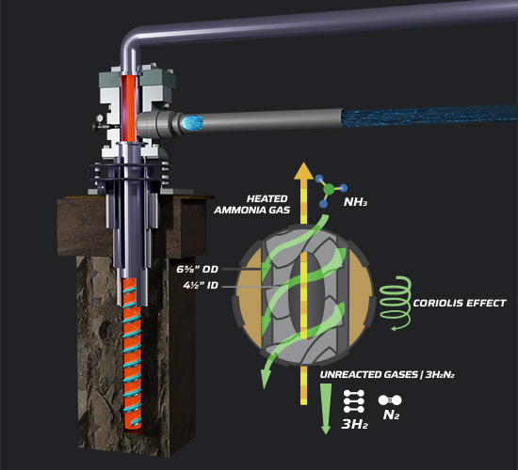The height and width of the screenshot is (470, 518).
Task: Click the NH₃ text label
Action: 355,202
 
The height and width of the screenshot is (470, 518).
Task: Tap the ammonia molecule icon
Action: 330,191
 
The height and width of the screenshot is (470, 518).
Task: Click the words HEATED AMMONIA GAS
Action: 252,205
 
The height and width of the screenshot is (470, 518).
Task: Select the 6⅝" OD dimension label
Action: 198,270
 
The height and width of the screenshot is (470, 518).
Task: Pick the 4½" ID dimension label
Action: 201,286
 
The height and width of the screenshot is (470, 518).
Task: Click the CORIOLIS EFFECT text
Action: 460,303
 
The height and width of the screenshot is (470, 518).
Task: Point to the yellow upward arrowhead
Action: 303,171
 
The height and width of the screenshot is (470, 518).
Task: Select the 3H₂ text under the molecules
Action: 354,424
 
